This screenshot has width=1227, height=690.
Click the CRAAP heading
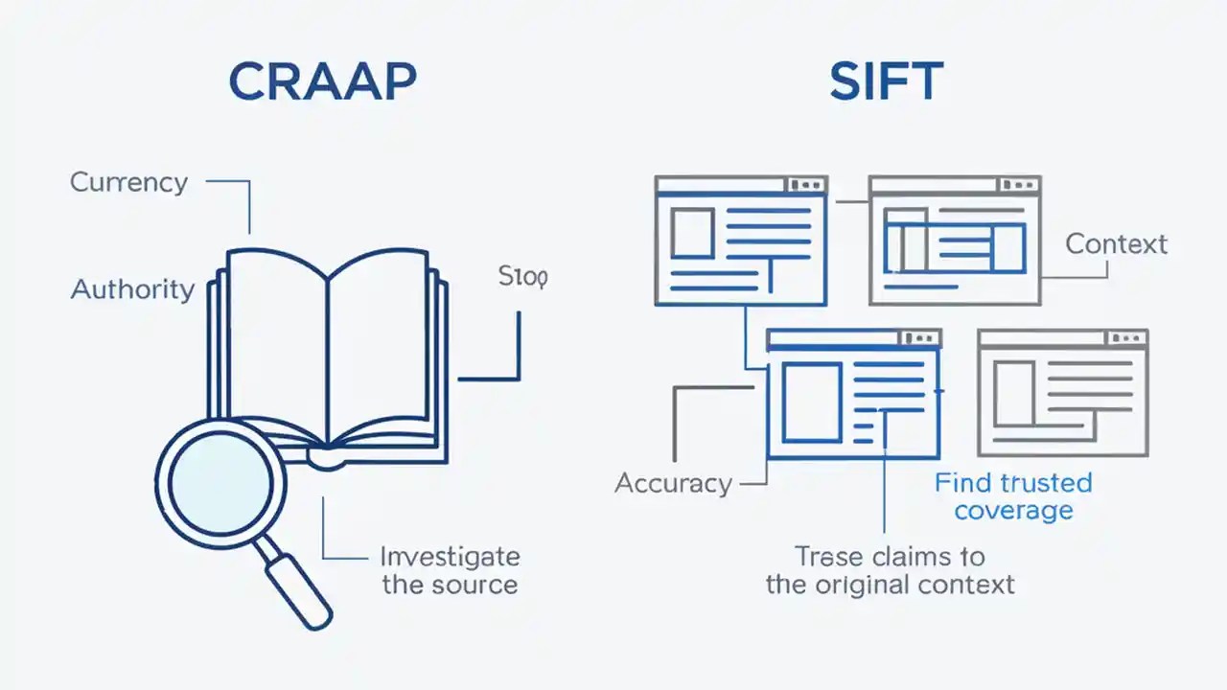tap(322, 83)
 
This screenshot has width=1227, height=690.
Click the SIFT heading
tap(886, 83)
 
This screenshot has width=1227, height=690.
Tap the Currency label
tap(128, 182)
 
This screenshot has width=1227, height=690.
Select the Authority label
tap(132, 288)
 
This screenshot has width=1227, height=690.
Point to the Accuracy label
tap(673, 483)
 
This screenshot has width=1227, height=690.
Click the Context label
tap(1116, 243)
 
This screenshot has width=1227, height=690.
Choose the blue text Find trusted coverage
tap(1013, 495)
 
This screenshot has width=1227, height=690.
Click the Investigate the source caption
tap(450, 570)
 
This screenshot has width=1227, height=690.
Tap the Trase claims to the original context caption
tap(890, 569)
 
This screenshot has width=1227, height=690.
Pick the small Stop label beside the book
tap(522, 278)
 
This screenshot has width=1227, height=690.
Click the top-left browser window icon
tap(740, 241)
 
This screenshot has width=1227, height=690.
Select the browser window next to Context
tap(954, 241)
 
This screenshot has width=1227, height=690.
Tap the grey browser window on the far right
tap(1062, 393)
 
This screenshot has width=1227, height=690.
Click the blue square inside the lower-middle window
tap(811, 402)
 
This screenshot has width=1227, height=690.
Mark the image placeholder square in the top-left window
tap(691, 234)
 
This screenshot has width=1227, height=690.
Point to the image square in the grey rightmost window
tap(1014, 393)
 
